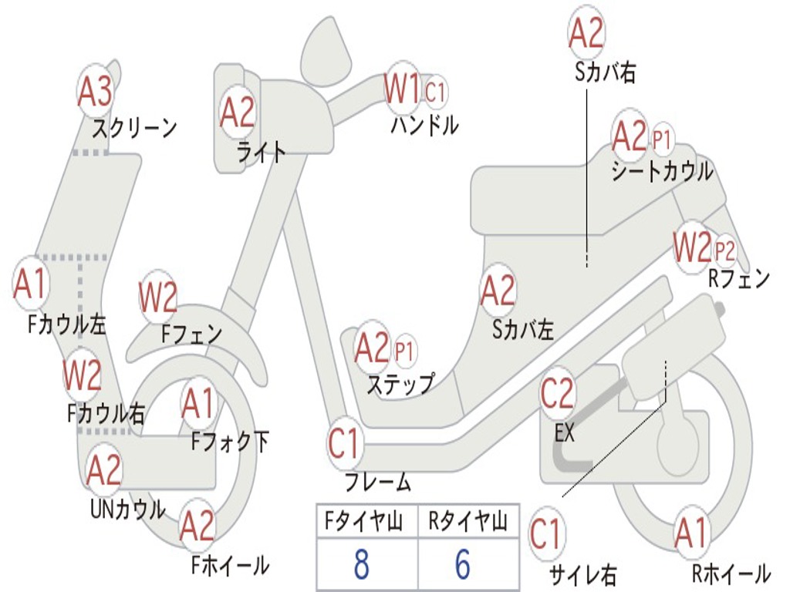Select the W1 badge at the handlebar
402,89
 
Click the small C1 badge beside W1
436,92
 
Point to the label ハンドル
424,125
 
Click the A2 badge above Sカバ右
586,33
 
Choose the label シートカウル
662,171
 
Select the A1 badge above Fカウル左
31,284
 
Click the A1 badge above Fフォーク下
199,403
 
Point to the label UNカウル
128,510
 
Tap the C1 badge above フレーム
344,443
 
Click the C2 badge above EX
558,393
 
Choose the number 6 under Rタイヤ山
462,564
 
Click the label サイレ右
582,574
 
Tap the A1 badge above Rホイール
690,533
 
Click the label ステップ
400,383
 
